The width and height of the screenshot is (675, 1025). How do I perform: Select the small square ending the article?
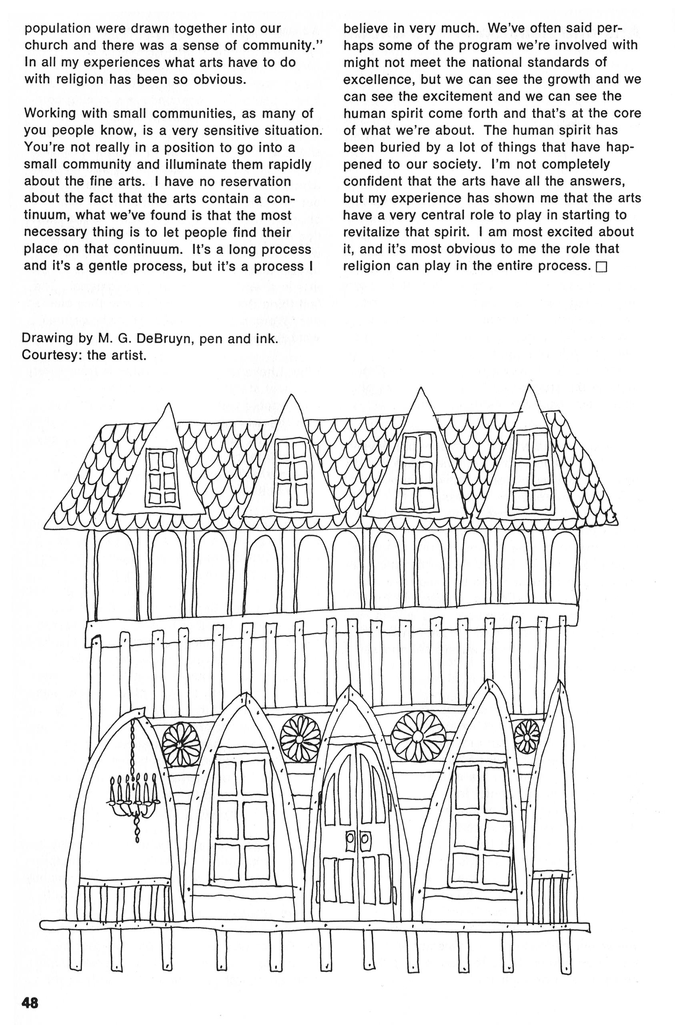[601, 268]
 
